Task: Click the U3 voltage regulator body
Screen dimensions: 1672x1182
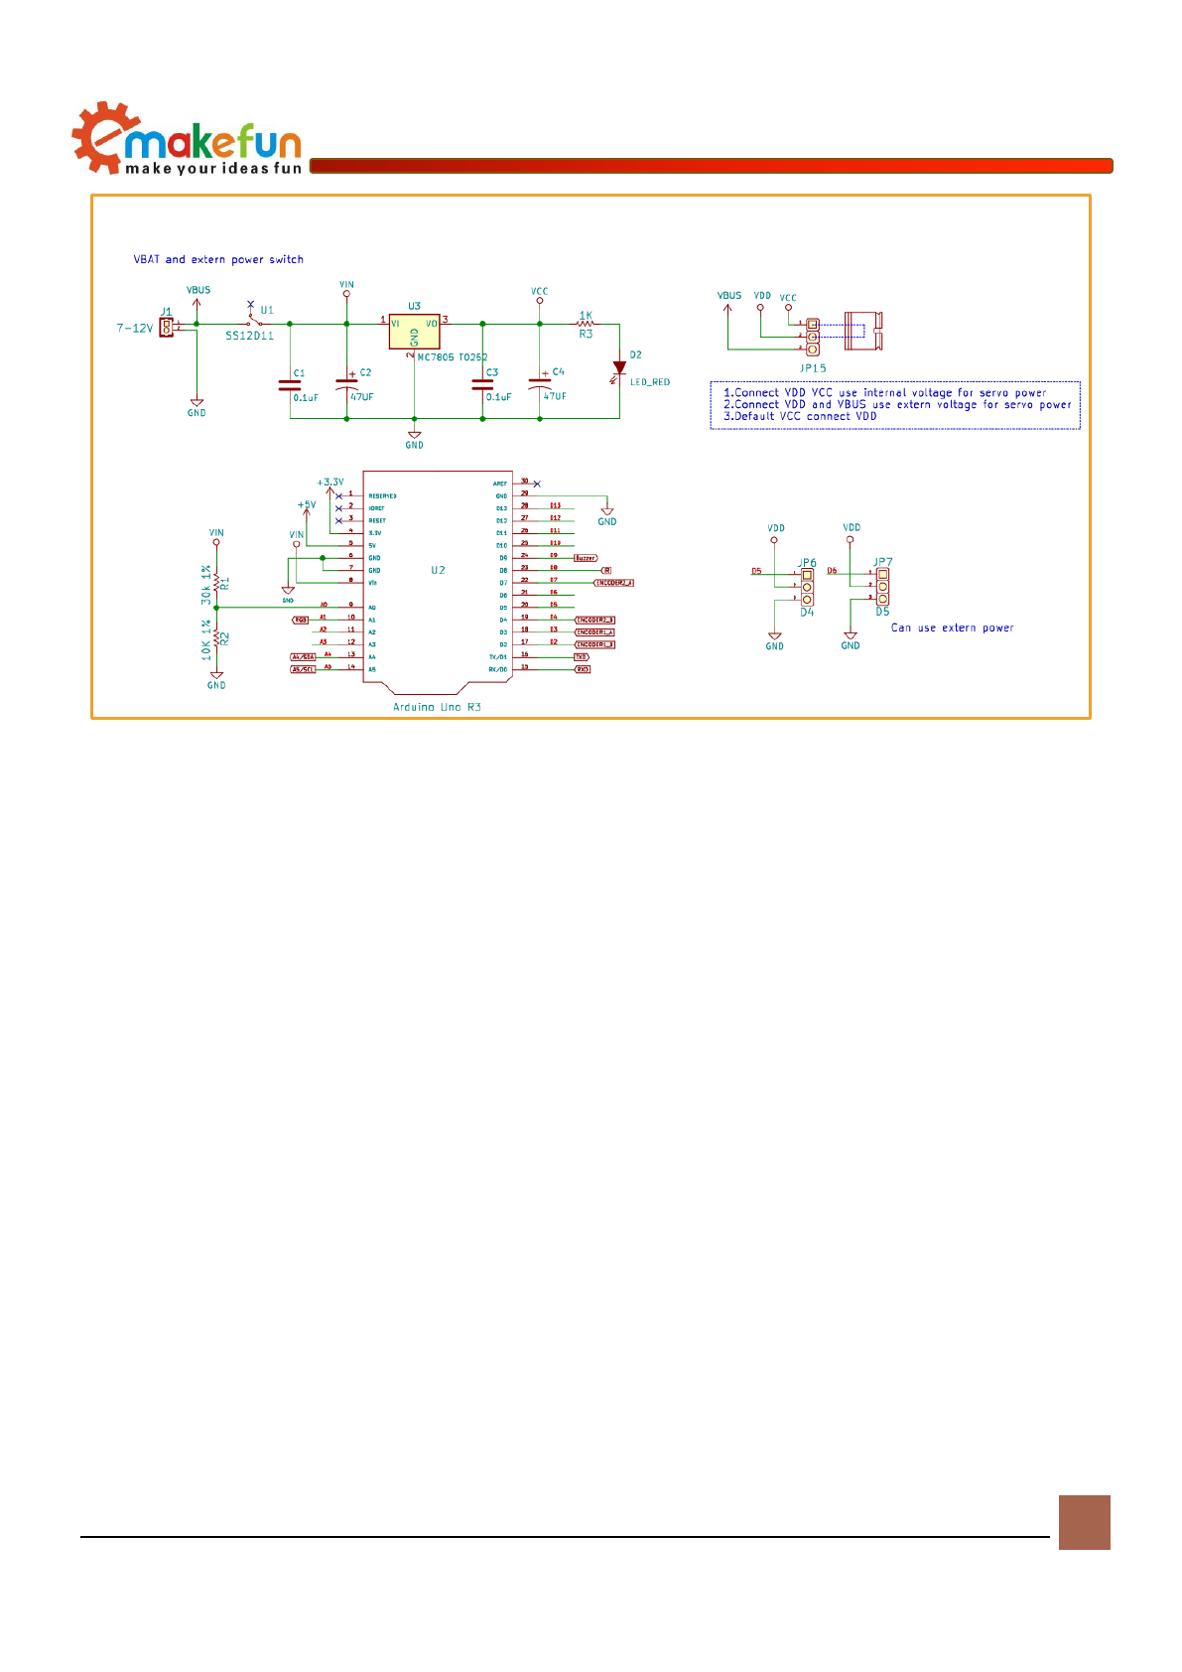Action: (x=414, y=333)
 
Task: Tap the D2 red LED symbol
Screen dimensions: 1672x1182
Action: (x=619, y=368)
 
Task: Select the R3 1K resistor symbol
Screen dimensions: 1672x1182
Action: (x=586, y=324)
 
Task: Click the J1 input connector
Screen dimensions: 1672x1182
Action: (x=166, y=327)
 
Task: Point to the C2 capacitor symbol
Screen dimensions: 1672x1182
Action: (x=346, y=381)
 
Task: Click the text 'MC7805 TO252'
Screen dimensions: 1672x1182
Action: (x=453, y=357)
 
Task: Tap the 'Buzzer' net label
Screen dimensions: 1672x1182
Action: (x=586, y=558)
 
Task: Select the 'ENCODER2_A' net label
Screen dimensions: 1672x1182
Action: (x=613, y=583)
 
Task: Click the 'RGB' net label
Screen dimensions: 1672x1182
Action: (x=301, y=620)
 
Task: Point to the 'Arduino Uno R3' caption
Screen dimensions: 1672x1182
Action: (x=437, y=707)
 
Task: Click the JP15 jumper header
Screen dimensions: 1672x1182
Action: (x=813, y=337)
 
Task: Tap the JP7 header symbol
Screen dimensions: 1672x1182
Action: (x=883, y=587)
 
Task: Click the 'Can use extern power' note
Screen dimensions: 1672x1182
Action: (x=952, y=627)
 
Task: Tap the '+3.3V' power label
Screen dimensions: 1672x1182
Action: (x=330, y=483)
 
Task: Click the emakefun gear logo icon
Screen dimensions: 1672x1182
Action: (x=97, y=138)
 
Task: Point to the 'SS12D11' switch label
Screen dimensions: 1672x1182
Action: (x=249, y=336)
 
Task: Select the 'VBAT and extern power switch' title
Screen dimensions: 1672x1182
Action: (x=218, y=259)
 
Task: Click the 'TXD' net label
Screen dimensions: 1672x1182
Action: (x=582, y=657)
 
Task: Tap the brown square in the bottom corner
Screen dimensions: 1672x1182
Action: (x=1084, y=1522)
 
